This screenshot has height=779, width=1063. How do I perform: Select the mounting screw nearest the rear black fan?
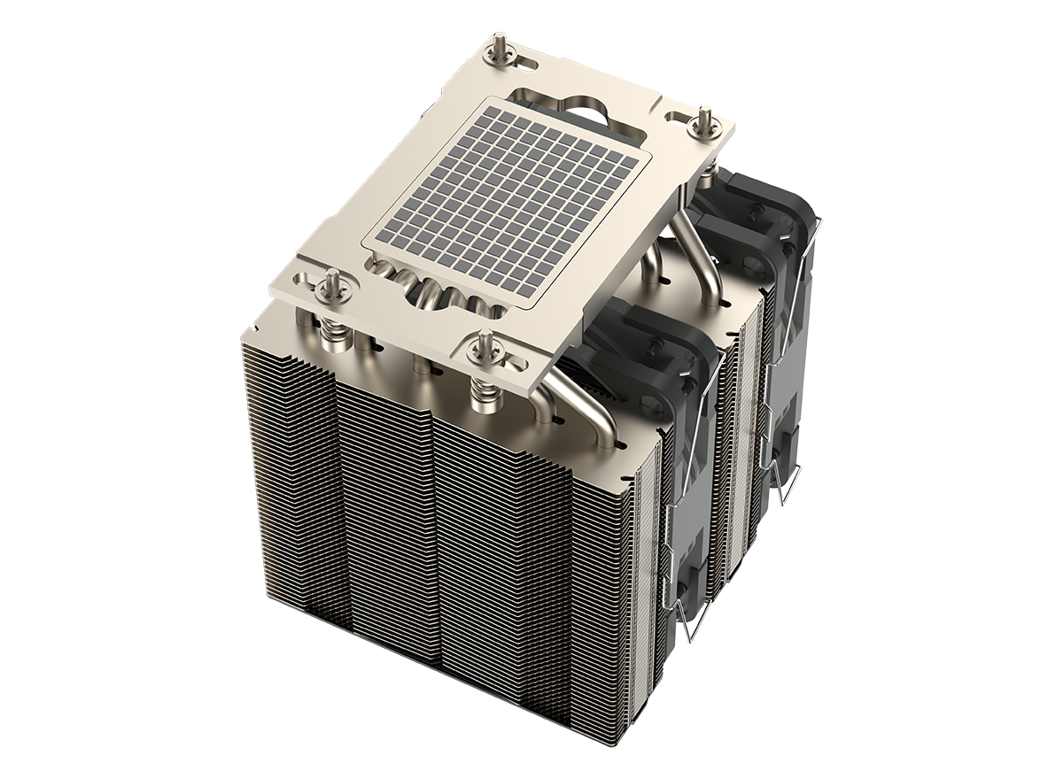tap(704, 119)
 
